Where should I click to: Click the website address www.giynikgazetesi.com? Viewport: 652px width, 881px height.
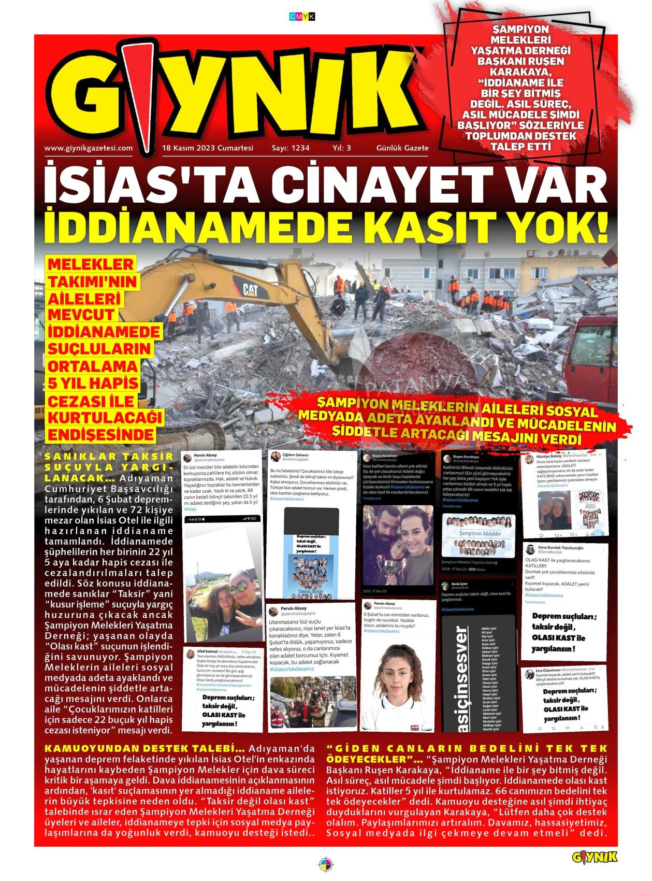click(x=89, y=148)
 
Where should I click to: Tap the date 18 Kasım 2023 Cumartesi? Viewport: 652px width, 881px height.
click(x=208, y=148)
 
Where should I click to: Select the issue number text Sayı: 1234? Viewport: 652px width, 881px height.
click(x=291, y=148)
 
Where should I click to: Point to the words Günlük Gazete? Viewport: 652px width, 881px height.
click(x=402, y=148)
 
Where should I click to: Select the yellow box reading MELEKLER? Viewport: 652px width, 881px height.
click(x=91, y=264)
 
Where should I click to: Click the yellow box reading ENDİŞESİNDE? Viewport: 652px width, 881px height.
click(x=101, y=434)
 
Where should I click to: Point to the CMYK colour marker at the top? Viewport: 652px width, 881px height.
click(x=302, y=17)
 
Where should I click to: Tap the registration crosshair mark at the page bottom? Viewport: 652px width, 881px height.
click(x=326, y=865)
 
